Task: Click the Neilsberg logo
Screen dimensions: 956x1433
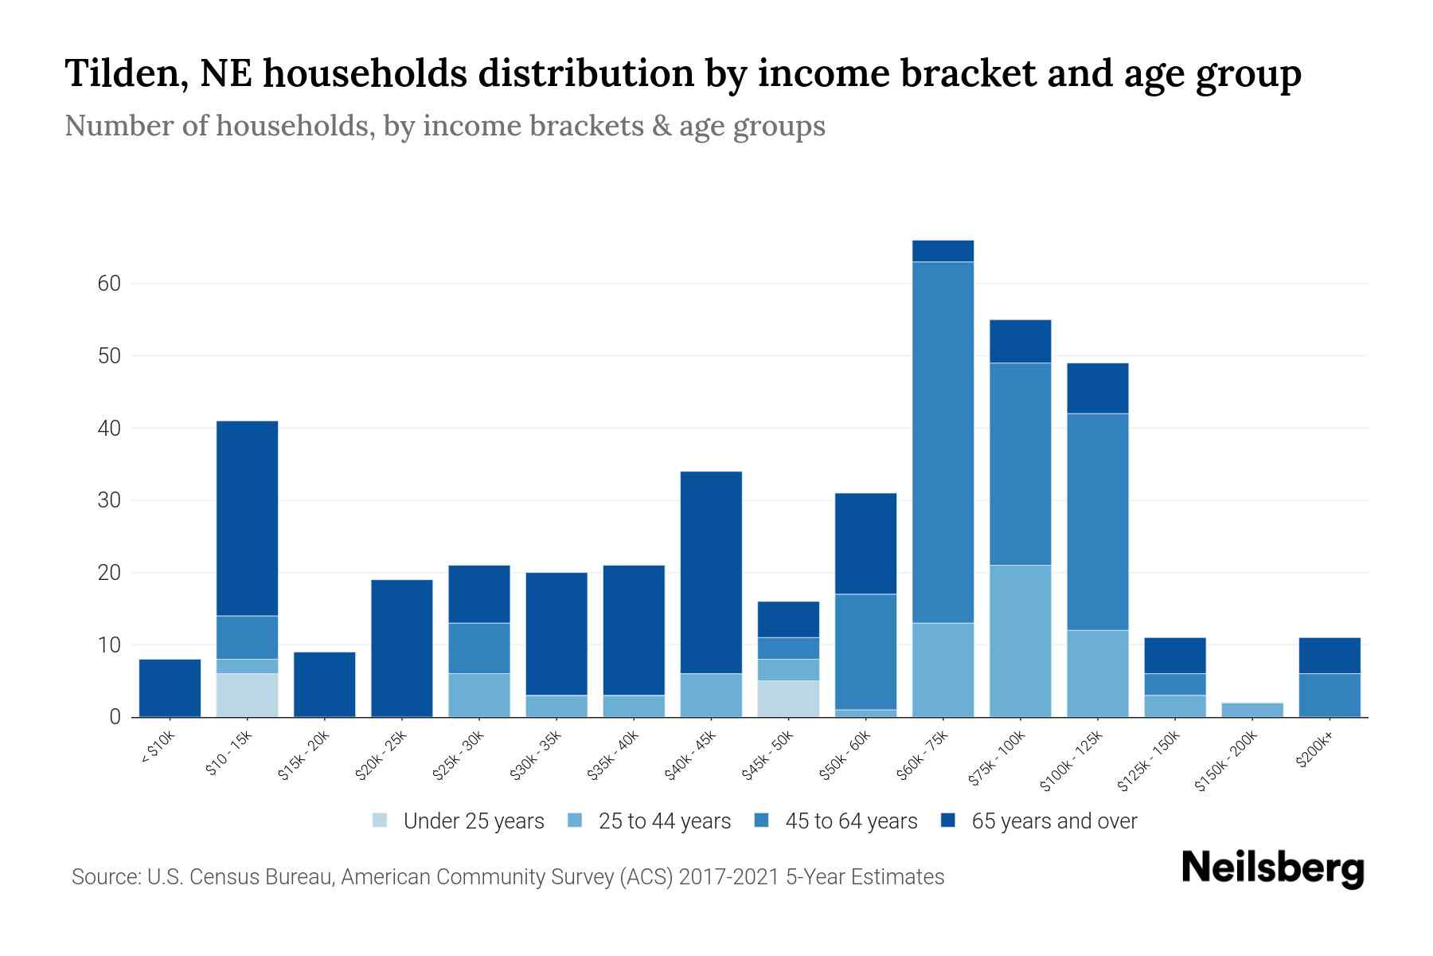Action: pyautogui.click(x=1272, y=869)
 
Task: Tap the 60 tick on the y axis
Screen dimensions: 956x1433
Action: pyautogui.click(x=109, y=284)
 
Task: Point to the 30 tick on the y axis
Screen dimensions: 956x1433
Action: pyautogui.click(x=109, y=500)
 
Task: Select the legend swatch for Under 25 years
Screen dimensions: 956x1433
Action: pyautogui.click(x=381, y=821)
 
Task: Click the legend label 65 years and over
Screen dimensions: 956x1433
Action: pyautogui.click(x=1054, y=821)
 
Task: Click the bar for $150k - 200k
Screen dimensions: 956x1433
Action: pyautogui.click(x=1251, y=710)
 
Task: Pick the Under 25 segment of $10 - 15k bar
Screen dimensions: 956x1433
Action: pyautogui.click(x=247, y=695)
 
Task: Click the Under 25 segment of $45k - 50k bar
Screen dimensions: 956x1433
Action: pyautogui.click(x=788, y=699)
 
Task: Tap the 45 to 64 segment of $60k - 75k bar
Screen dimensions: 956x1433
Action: pyautogui.click(x=943, y=442)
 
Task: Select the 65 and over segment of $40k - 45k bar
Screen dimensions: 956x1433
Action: pyautogui.click(x=711, y=572)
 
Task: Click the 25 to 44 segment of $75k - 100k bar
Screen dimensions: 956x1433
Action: pyautogui.click(x=1020, y=641)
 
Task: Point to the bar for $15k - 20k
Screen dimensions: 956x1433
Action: pyautogui.click(x=324, y=684)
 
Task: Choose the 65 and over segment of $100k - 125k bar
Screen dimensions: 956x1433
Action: pyautogui.click(x=1097, y=388)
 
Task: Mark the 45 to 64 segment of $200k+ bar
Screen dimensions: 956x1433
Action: pyautogui.click(x=1329, y=695)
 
